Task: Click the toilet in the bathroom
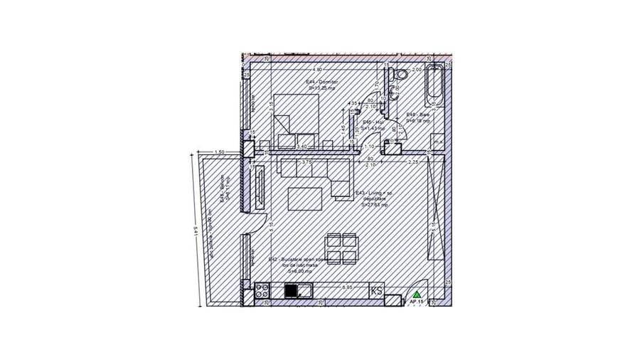(402, 73)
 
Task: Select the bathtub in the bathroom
(434, 86)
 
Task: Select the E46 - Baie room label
(417, 118)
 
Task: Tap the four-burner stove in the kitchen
(262, 290)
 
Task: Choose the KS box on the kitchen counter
(376, 290)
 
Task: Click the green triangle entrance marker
(417, 293)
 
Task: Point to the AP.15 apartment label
(417, 302)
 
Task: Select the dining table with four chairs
(342, 249)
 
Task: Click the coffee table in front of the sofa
(305, 198)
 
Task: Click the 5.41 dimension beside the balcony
(195, 231)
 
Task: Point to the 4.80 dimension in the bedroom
(319, 70)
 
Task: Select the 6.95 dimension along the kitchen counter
(348, 287)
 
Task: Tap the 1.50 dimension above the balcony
(219, 152)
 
